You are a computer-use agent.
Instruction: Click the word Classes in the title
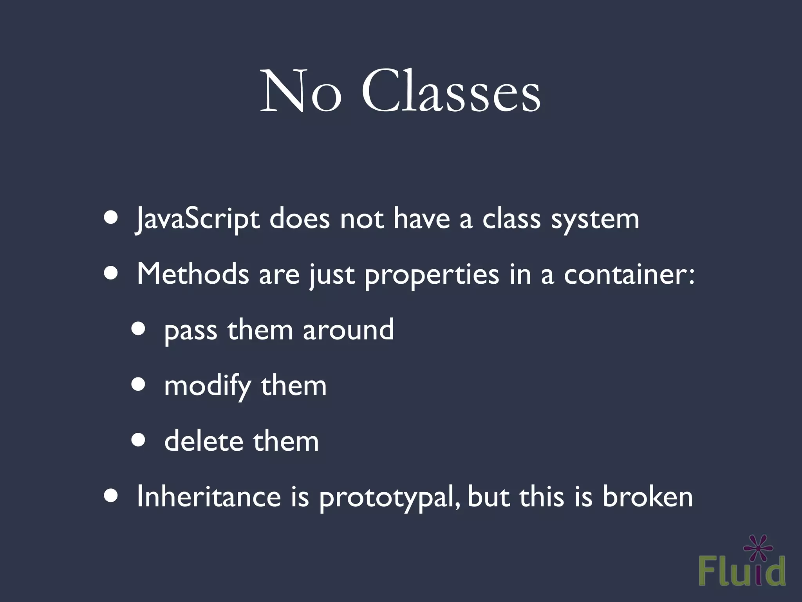451,92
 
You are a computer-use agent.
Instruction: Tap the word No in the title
301,92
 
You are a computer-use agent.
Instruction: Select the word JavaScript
197,219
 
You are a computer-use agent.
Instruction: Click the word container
629,274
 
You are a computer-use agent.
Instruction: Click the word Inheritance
209,496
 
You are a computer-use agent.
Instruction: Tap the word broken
647,496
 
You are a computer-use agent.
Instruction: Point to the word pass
190,332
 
